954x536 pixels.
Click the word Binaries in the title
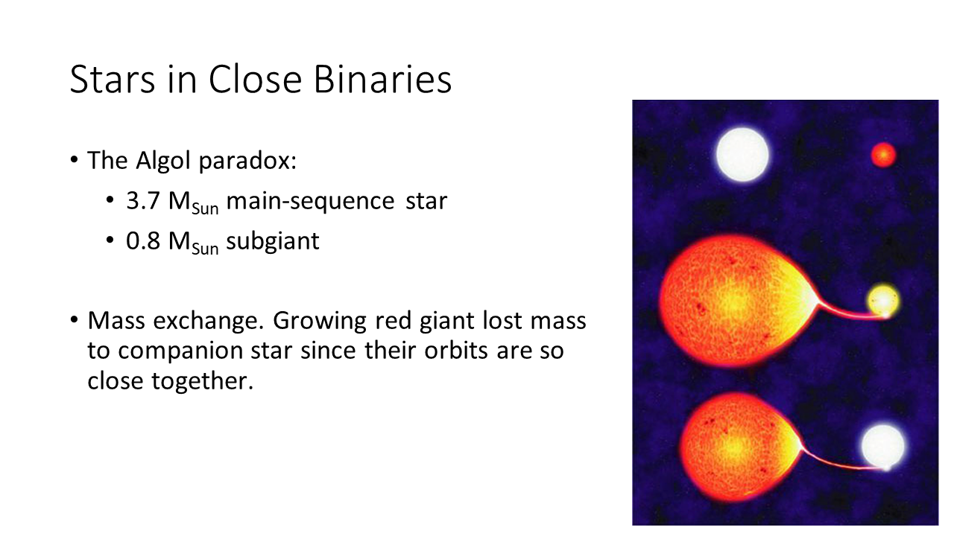point(382,79)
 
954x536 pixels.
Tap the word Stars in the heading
point(113,79)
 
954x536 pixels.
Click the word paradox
point(247,162)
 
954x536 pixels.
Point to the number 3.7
point(143,201)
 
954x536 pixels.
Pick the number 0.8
point(143,240)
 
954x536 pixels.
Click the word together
point(203,381)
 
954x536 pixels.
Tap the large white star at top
point(742,155)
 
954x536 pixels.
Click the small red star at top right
point(883,155)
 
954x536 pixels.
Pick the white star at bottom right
point(883,446)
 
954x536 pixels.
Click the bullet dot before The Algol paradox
point(74,160)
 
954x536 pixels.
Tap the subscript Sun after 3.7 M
point(205,209)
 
